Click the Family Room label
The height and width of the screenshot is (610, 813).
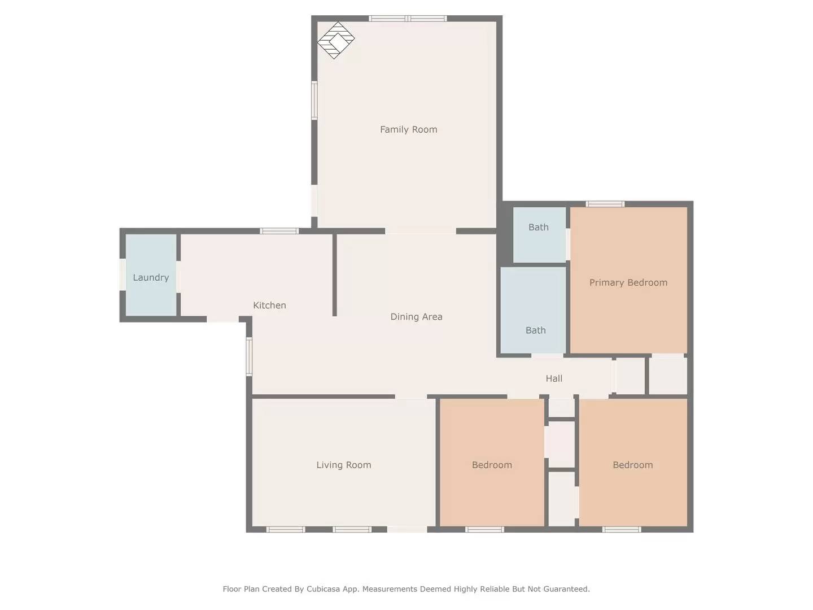(408, 129)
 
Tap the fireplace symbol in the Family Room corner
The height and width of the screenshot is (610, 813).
(335, 40)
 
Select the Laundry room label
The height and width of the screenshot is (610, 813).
(151, 277)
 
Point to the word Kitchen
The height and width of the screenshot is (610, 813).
(269, 305)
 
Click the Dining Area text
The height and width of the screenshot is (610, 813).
(416, 317)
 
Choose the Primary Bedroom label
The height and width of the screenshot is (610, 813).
(628, 282)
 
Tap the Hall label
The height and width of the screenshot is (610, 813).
(553, 378)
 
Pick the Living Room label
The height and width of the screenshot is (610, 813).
(343, 465)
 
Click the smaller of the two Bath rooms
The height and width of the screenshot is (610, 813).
(539, 234)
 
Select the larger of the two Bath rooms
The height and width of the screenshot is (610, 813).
(533, 311)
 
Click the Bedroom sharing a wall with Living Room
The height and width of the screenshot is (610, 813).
(492, 465)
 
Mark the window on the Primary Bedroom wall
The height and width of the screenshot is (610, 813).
(605, 204)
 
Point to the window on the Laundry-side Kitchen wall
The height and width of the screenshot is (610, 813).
(279, 230)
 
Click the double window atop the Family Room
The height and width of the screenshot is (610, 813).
(408, 19)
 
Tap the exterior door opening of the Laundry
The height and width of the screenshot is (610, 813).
(122, 274)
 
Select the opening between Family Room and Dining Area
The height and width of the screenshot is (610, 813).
(421, 231)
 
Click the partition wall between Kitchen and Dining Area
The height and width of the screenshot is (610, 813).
(335, 275)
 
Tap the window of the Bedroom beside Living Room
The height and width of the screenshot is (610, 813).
(484, 529)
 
